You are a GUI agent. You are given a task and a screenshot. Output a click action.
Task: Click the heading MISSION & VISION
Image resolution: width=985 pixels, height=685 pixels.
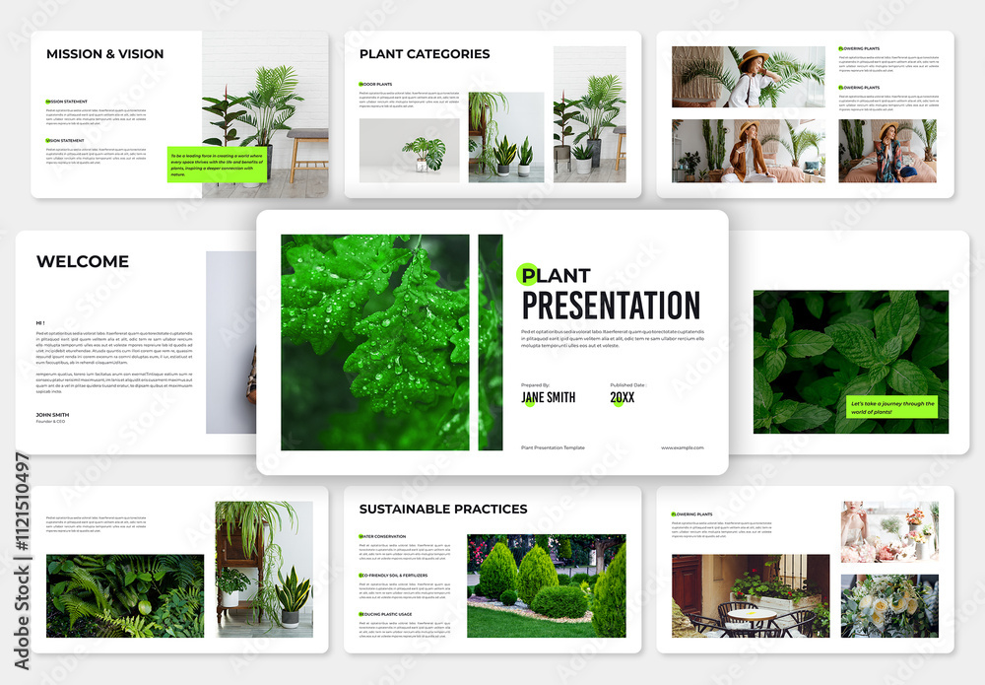pyautogui.click(x=104, y=54)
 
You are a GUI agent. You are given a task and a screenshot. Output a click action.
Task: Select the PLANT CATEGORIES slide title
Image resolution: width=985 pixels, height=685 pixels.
pyautogui.click(x=425, y=54)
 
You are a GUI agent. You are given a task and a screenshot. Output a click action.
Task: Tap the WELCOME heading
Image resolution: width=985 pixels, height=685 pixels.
pyautogui.click(x=83, y=261)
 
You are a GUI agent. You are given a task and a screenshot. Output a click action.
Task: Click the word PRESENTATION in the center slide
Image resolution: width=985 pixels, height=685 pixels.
pyautogui.click(x=611, y=306)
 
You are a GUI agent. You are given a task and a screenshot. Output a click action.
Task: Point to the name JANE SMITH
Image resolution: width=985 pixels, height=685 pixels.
pyautogui.click(x=549, y=397)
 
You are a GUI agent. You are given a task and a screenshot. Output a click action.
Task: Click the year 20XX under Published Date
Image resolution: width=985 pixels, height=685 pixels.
pyautogui.click(x=623, y=397)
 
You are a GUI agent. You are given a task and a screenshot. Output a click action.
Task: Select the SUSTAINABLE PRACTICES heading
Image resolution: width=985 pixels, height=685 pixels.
pyautogui.click(x=443, y=510)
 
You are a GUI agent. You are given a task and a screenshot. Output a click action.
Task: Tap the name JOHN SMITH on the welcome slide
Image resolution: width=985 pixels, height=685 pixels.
pyautogui.click(x=53, y=414)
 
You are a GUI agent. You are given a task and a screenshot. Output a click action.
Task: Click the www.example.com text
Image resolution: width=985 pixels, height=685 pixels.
pyautogui.click(x=682, y=447)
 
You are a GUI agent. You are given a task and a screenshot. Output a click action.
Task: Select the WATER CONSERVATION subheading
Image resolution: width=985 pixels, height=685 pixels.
pyautogui.click(x=382, y=536)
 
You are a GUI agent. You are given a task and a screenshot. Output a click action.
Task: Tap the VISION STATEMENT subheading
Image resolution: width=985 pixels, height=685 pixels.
pyautogui.click(x=65, y=140)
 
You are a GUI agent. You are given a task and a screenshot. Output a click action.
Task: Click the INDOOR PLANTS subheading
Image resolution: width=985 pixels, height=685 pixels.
pyautogui.click(x=375, y=85)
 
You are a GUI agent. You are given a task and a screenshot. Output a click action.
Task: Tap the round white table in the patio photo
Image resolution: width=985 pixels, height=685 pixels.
pyautogui.click(x=752, y=613)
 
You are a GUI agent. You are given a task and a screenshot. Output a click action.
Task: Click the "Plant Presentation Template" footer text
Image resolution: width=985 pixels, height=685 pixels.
pyautogui.click(x=553, y=447)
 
